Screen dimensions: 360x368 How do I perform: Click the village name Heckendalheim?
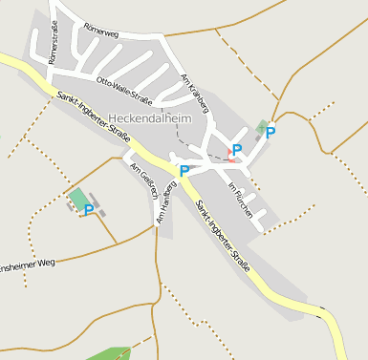[x=151, y=118]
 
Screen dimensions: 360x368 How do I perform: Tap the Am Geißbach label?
[x=144, y=180]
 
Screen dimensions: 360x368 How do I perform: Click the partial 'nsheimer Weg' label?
[x=28, y=264]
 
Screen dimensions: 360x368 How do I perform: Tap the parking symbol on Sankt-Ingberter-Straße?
[x=184, y=172]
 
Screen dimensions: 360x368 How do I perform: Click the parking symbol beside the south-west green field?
[x=89, y=209]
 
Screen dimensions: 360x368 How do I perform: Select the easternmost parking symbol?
[x=271, y=133]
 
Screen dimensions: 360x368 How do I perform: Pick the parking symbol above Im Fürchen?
[x=237, y=149]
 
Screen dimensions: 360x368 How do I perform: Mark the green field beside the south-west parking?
[x=77, y=196]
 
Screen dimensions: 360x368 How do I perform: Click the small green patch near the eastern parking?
[x=262, y=127]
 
